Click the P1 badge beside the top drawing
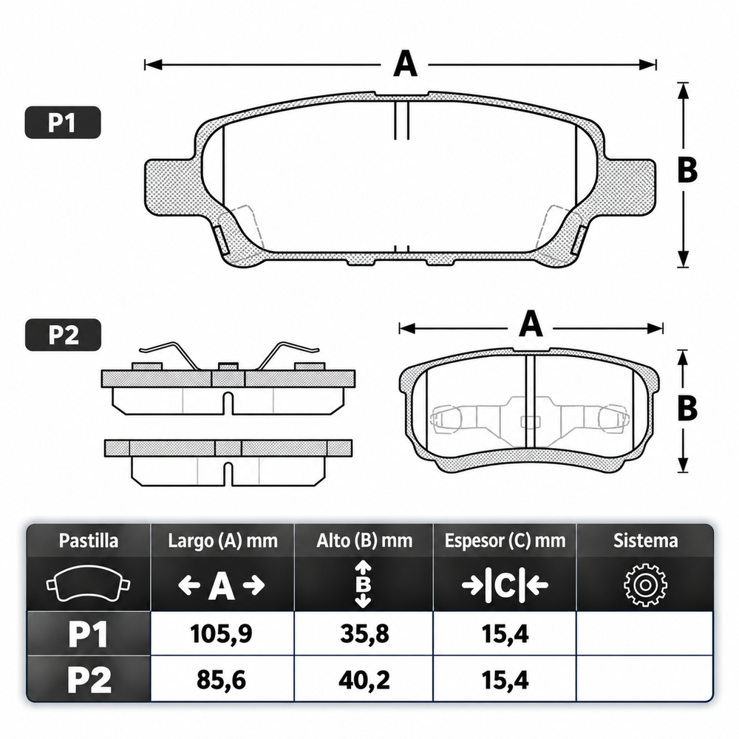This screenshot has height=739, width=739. (63, 123)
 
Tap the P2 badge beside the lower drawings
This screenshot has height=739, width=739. (63, 335)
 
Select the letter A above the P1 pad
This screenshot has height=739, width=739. (405, 64)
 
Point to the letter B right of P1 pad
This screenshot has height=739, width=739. (687, 170)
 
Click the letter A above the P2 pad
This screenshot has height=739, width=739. (531, 324)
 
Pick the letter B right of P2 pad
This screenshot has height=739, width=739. (687, 408)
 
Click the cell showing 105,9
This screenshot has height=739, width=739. (222, 634)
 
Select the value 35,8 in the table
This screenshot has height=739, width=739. (364, 634)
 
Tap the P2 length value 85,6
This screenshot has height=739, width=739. (222, 680)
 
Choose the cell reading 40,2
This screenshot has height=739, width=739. (364, 680)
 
